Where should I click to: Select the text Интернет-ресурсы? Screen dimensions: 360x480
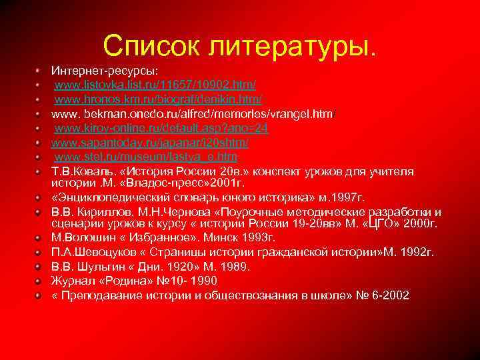click(x=95, y=69)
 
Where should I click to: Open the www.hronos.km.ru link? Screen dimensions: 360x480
click(x=158, y=99)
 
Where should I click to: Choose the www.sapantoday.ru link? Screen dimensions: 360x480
click(x=150, y=143)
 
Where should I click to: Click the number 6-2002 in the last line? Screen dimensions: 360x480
click(x=387, y=295)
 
